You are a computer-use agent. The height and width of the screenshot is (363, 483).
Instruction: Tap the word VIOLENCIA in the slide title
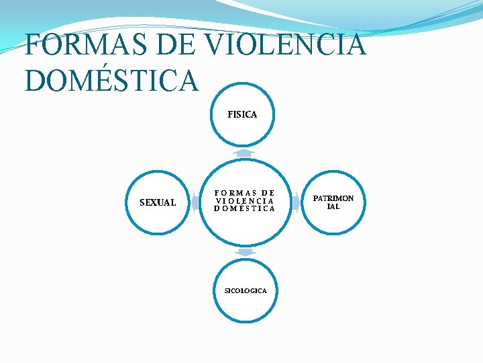coord(286,46)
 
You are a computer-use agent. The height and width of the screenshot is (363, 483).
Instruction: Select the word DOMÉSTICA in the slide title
coord(111,81)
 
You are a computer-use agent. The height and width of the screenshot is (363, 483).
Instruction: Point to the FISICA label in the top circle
coord(242,115)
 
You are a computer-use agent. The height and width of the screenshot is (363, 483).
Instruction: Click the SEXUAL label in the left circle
coord(158,202)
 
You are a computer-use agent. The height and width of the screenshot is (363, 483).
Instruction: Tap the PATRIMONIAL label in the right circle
coord(333,202)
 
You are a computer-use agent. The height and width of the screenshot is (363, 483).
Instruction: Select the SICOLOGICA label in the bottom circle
coord(246,290)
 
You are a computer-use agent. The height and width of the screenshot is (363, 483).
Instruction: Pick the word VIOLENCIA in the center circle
coord(245,200)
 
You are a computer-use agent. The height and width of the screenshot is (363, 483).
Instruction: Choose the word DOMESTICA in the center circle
coord(245,208)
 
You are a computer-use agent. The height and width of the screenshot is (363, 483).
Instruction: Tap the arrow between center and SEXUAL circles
coord(195,203)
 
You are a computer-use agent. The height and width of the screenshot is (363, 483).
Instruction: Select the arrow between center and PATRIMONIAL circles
coord(295,203)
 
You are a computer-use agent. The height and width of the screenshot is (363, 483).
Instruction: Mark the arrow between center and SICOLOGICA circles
coord(246,252)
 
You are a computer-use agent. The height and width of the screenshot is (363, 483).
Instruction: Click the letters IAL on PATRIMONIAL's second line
coord(333,206)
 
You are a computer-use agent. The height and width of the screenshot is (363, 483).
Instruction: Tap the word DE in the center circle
coord(268,192)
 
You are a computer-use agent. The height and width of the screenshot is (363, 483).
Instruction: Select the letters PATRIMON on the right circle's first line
coord(333,198)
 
